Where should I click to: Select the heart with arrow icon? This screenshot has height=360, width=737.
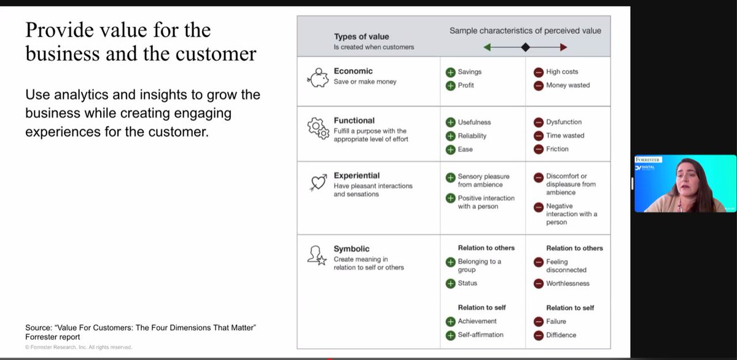318,182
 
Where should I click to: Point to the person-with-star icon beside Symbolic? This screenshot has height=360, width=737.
318,255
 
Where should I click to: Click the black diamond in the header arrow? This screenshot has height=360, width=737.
525,47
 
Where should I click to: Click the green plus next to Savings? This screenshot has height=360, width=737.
450,72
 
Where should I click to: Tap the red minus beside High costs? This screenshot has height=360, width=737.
539,72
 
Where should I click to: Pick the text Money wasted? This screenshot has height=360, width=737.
567,85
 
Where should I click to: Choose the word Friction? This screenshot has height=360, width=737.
557,149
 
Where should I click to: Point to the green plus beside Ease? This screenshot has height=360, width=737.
450,149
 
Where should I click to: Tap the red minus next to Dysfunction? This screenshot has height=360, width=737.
539,122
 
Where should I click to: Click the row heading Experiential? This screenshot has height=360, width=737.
357,175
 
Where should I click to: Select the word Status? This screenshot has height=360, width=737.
467,283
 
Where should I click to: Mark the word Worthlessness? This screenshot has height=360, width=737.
567,283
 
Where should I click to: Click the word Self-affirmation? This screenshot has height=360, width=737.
480,335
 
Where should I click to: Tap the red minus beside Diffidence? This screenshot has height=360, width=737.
539,335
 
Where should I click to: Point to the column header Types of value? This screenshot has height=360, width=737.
361,37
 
